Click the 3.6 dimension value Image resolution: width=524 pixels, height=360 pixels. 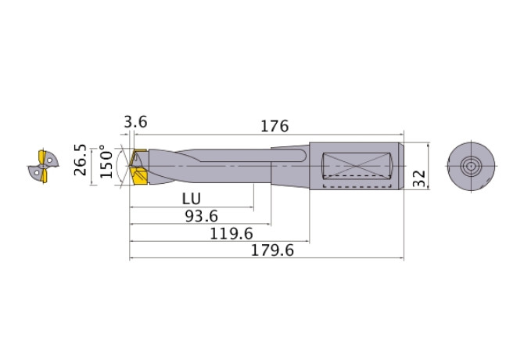coord(135,122)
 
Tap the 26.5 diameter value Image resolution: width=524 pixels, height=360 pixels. coord(79,160)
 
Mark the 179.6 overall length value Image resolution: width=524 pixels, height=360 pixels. coord(271,250)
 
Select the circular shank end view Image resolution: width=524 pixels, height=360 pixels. coord(471,166)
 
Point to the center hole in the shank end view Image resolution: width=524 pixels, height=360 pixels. coord(471,166)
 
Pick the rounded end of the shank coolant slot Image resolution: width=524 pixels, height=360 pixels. coord(303,157)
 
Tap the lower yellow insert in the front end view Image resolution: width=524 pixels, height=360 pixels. coord(42,178)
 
